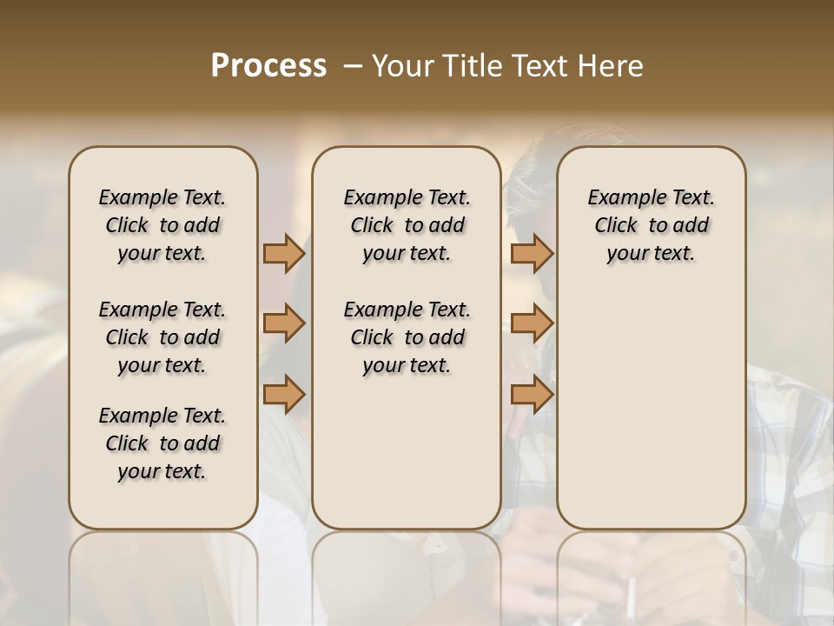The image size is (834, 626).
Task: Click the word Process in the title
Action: [x=268, y=66]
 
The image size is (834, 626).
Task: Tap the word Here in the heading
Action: [x=610, y=66]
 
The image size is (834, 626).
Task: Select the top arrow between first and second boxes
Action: [x=283, y=253]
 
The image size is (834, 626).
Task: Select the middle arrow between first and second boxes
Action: [x=283, y=323]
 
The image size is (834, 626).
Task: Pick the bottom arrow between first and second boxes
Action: [x=283, y=394]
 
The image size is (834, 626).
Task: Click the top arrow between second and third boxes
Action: [x=532, y=253]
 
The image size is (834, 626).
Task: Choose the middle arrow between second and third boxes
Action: [x=532, y=323]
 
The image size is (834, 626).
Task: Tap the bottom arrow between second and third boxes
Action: [x=532, y=394]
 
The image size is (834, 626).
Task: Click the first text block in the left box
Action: [x=162, y=225]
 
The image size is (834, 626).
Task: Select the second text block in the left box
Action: [x=162, y=337]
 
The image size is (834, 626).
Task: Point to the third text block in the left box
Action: [x=162, y=443]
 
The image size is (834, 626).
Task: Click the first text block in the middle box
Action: [x=407, y=225]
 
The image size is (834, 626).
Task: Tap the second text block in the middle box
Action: [x=407, y=337]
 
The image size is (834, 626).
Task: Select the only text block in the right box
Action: [x=651, y=225]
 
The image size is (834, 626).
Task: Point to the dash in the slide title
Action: [x=353, y=66]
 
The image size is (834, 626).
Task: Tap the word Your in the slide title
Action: [x=402, y=66]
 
